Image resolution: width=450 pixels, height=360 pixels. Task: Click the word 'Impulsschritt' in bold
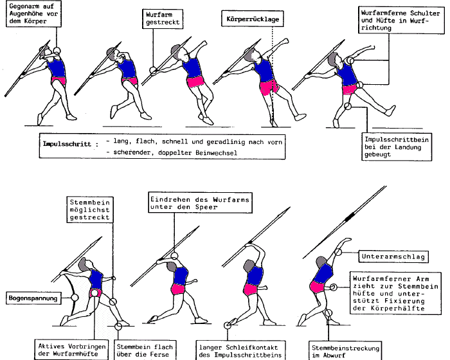pos(63,143)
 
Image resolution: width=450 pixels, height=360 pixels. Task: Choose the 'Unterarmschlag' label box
pos(384,256)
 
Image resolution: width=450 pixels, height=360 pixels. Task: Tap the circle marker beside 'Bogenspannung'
pos(75,298)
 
